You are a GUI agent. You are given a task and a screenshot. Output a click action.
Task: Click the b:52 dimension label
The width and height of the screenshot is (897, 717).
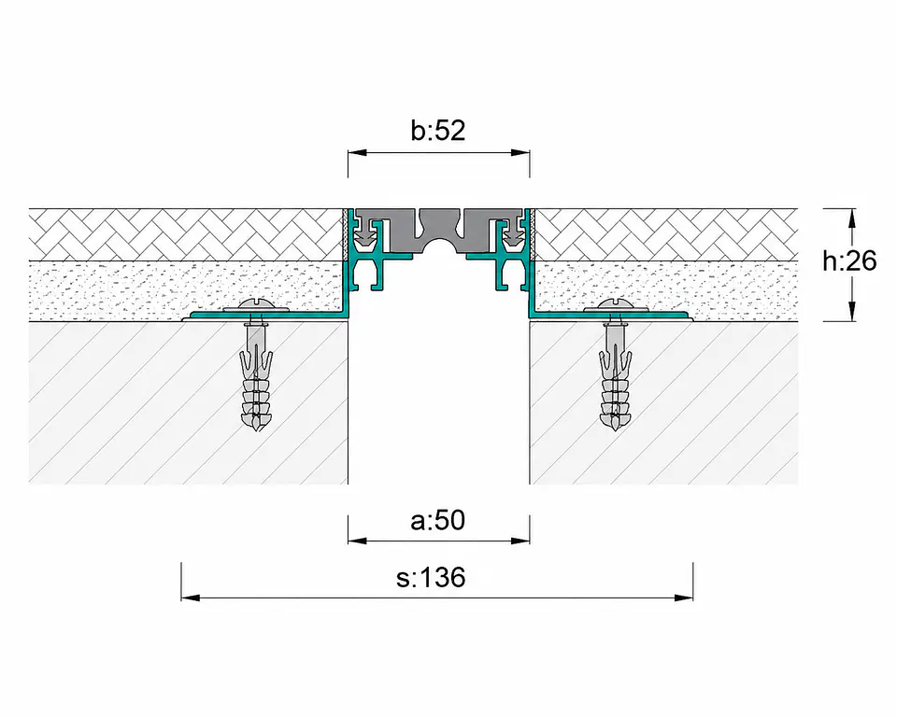point(438,131)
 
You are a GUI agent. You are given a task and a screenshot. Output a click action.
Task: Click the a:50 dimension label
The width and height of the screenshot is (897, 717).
point(438,520)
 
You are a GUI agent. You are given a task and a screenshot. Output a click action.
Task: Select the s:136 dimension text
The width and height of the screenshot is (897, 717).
point(431,578)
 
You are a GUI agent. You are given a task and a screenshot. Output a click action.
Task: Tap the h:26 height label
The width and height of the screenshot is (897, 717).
point(849,260)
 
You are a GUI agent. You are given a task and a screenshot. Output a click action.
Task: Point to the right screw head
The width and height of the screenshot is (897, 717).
point(615,304)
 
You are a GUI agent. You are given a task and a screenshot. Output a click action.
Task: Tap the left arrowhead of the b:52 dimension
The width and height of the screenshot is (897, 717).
point(357,153)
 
